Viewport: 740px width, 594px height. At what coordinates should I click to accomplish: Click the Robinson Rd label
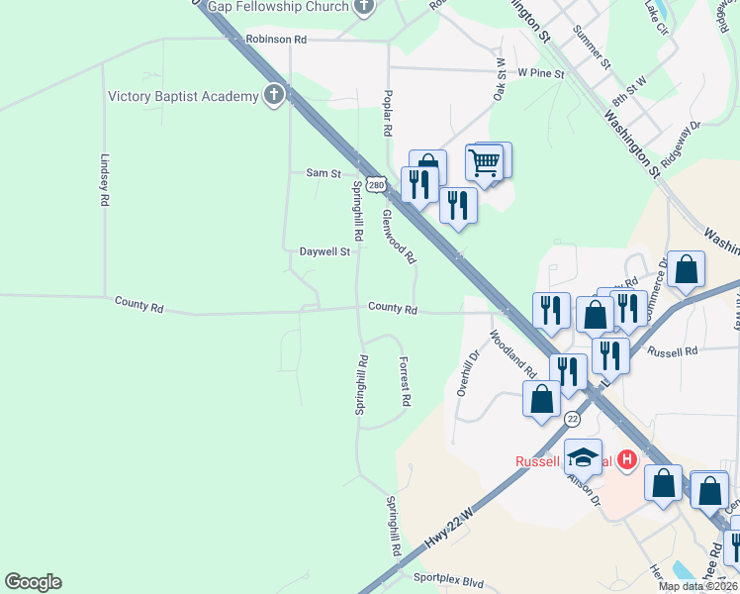click(x=277, y=39)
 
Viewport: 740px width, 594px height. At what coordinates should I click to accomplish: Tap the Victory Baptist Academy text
click(x=182, y=96)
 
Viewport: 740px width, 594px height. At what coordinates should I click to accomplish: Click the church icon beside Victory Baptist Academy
click(x=274, y=96)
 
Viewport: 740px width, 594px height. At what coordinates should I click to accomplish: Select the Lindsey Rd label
click(x=104, y=179)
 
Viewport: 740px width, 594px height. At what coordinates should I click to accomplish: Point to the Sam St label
click(x=323, y=172)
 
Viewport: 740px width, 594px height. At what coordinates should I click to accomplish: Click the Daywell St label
click(x=325, y=251)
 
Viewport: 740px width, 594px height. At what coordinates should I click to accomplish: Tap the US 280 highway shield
click(x=375, y=184)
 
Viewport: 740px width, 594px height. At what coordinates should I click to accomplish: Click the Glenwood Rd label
click(x=400, y=236)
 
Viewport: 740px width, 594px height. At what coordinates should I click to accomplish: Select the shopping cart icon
click(x=485, y=160)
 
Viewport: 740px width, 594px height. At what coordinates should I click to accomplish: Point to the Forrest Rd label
click(x=405, y=381)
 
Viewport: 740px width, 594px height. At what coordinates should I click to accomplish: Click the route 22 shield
click(x=572, y=420)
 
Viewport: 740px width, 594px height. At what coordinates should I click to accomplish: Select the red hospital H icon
click(x=625, y=459)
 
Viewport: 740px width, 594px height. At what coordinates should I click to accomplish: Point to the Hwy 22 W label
click(x=449, y=528)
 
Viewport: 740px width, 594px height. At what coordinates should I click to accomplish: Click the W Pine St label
click(x=540, y=73)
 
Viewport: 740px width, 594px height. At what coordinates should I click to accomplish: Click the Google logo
click(x=33, y=582)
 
